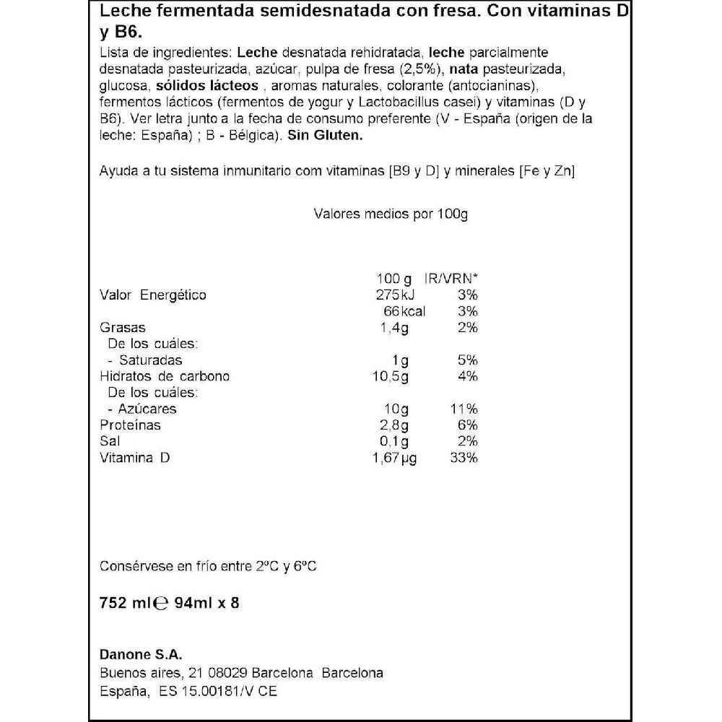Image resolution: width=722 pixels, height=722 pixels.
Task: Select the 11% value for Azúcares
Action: coord(464,409)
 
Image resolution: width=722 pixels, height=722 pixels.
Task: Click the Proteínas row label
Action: coord(129,425)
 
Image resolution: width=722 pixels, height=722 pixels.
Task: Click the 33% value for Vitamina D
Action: coord(464,458)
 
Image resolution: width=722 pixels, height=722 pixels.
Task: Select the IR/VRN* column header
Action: coord(453,279)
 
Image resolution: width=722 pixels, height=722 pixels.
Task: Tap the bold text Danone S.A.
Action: coord(140,654)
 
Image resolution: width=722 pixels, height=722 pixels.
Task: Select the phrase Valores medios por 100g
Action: coord(391,214)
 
